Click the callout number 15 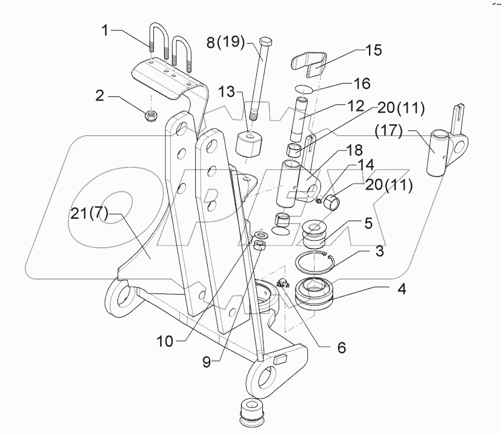point(374,49)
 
